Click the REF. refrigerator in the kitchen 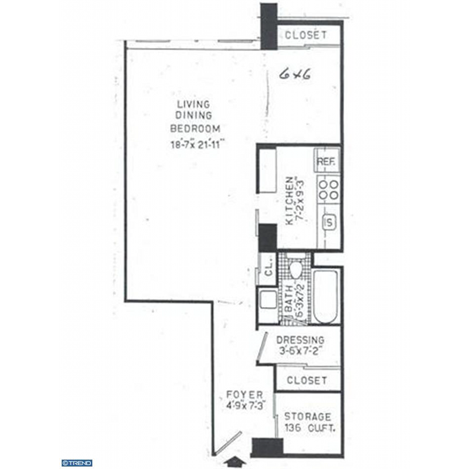click(x=327, y=160)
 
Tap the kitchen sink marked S click(x=329, y=222)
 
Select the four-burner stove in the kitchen click(x=328, y=189)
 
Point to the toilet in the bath click(x=296, y=270)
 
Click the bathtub click(x=325, y=297)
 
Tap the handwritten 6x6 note click(x=294, y=74)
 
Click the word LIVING click(x=193, y=104)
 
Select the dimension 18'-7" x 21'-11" click(x=197, y=145)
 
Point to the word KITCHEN click(x=290, y=200)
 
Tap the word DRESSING click(x=300, y=340)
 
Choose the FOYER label click(x=244, y=395)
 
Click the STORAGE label click(x=307, y=416)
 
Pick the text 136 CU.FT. click(x=310, y=428)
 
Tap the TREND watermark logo click(x=77, y=463)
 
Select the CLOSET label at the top click(x=305, y=35)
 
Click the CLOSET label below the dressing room click(x=307, y=380)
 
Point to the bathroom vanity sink click(x=269, y=300)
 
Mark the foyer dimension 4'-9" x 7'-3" click(x=246, y=406)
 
